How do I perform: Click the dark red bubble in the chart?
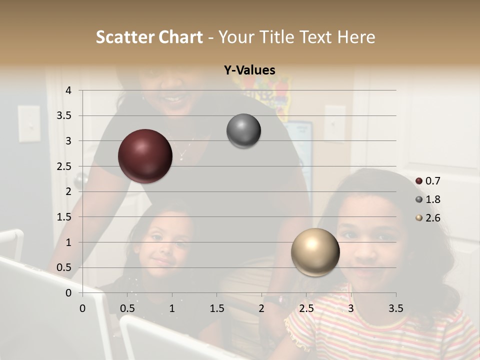(145, 156)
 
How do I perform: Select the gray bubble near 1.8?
(243, 131)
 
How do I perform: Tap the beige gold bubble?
(315, 252)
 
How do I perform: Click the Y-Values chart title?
(249, 70)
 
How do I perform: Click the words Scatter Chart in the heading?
(149, 37)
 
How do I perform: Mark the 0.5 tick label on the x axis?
(127, 308)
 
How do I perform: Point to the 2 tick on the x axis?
(261, 308)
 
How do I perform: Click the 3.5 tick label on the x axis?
(395, 308)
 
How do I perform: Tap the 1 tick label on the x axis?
(172, 308)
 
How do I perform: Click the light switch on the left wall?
(29, 123)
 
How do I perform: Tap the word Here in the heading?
(356, 37)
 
